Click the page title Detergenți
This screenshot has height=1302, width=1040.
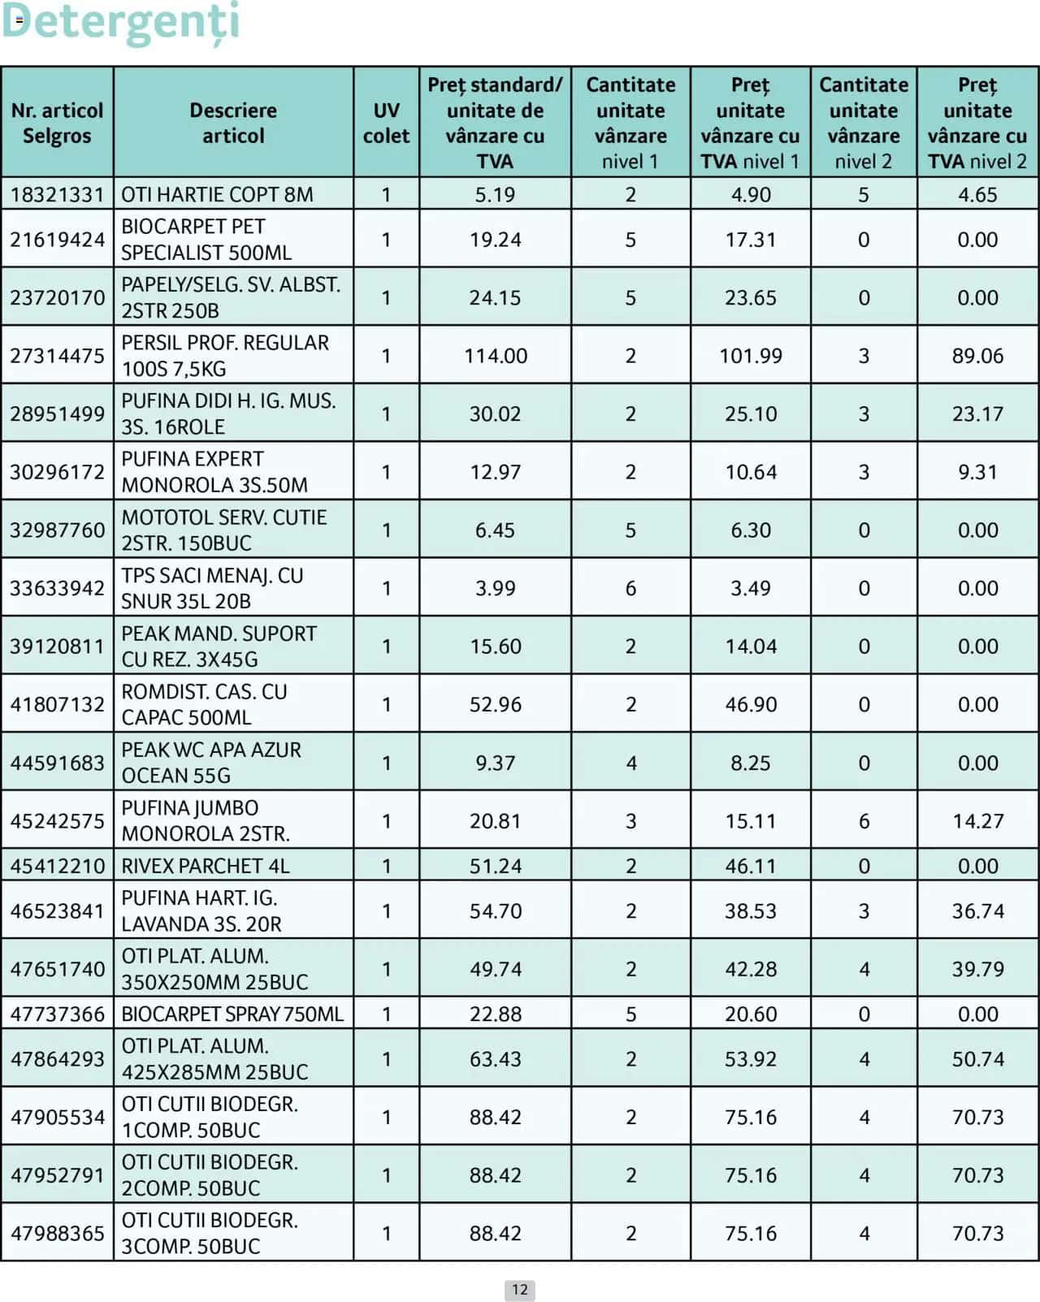(122, 23)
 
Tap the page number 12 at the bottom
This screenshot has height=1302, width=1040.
(520, 1290)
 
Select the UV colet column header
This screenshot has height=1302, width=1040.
(386, 123)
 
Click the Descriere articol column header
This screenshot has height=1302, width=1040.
(233, 123)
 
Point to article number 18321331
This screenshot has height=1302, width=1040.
(57, 195)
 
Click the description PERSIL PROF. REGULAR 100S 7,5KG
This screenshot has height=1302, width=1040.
(225, 356)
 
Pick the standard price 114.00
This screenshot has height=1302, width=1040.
(496, 356)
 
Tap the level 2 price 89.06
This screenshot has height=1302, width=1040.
(977, 356)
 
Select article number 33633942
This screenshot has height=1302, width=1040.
(57, 588)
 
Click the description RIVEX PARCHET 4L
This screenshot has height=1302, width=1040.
(206, 866)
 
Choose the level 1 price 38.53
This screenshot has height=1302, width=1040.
(751, 911)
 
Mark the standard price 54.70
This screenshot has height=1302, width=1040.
(496, 911)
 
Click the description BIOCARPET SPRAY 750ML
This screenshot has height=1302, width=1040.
(232, 1014)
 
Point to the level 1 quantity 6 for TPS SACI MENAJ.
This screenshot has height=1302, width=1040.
(630, 588)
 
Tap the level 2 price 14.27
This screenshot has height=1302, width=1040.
(977, 821)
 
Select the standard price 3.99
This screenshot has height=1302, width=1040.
(496, 588)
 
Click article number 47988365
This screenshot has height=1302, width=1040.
(57, 1234)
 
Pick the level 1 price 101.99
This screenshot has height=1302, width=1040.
(751, 356)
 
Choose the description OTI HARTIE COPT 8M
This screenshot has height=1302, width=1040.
(217, 195)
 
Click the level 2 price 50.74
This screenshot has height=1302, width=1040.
(977, 1059)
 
